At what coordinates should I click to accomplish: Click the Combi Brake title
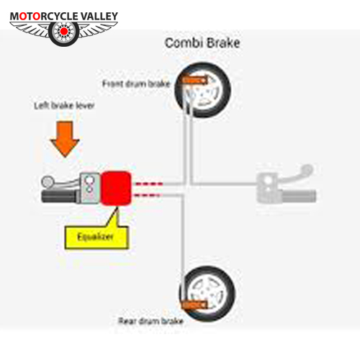pos(202,43)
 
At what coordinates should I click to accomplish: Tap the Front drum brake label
pos(136,84)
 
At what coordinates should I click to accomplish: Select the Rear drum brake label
pos(151,321)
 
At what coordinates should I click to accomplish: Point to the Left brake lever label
pos(64,106)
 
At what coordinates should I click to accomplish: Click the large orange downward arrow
pos(65,139)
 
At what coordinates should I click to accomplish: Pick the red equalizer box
pos(116,188)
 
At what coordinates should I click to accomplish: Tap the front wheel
pos(203,90)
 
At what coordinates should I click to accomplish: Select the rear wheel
pos(207,294)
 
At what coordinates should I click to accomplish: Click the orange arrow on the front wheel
pos(195,81)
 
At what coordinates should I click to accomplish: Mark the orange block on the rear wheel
pos(194,305)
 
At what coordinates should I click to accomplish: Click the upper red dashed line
pos(149,184)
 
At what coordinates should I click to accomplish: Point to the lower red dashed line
pos(147,195)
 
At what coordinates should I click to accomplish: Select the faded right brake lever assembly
pos(286,184)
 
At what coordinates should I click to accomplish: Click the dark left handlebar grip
pos(60,197)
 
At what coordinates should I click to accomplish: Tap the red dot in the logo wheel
pos(63,31)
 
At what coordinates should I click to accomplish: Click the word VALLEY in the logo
pos(99,17)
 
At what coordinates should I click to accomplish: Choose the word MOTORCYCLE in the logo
pos(44,17)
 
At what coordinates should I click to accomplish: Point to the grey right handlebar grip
pos(300,196)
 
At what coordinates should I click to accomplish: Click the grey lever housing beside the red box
pos(90,188)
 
